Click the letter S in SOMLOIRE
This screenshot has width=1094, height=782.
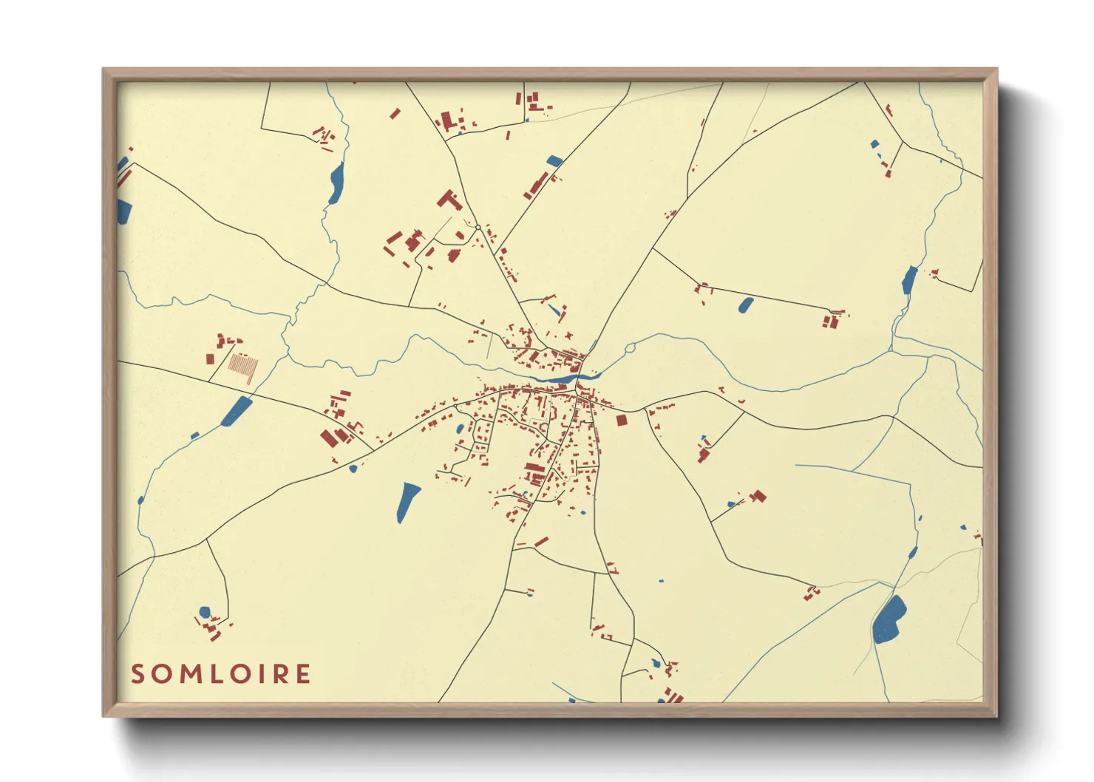pyautogui.click(x=137, y=674)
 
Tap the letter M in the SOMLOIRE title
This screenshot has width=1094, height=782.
pyautogui.click(x=188, y=674)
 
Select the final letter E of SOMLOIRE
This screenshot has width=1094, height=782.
pyautogui.click(x=302, y=674)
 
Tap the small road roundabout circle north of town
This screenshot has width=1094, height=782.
pyautogui.click(x=478, y=227)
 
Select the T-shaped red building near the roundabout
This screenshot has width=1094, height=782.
pyautogui.click(x=448, y=200)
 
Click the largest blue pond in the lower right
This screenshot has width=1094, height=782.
pyautogui.click(x=889, y=619)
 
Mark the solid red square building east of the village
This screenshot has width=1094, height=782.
pyautogui.click(x=621, y=420)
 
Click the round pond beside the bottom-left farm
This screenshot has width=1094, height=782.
pyautogui.click(x=205, y=612)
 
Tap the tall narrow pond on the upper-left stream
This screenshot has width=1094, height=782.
pyautogui.click(x=336, y=183)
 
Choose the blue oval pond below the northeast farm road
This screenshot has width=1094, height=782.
pyautogui.click(x=746, y=305)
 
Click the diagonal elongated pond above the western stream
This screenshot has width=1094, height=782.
pyautogui.click(x=237, y=411)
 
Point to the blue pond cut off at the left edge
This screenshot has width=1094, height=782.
pyautogui.click(x=123, y=211)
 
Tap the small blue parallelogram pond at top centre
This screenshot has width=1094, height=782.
pyautogui.click(x=554, y=160)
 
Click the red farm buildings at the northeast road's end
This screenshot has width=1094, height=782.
pyautogui.click(x=832, y=320)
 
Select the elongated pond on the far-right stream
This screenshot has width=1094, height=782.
pyautogui.click(x=909, y=280)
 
